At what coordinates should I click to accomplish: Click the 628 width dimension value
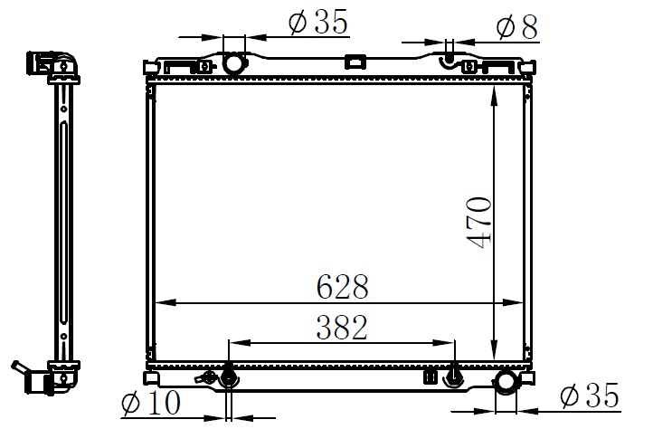pos(342,287)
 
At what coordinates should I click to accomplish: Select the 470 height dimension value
pos(479,223)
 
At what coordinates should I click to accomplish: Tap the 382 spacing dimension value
pos(342,328)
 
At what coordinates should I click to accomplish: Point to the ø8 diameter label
pos(517,27)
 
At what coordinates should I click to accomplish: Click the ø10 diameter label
pos(151,403)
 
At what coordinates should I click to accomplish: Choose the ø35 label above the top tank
pos(318,21)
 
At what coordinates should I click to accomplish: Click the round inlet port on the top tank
pos(233,63)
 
